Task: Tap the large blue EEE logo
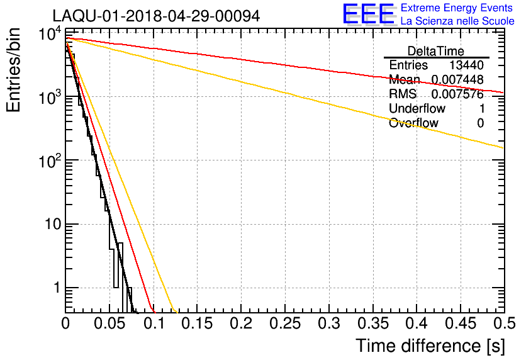tap(369, 14)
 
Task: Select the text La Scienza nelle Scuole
tap(457, 21)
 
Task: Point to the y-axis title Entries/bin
tap(14, 70)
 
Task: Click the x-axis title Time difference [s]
tap(429, 346)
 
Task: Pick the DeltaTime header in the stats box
tap(436, 51)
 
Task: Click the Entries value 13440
tap(466, 65)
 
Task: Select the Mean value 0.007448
tap(457, 80)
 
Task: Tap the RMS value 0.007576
tap(457, 94)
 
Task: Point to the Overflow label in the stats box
tap(413, 123)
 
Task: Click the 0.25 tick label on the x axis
tap(286, 324)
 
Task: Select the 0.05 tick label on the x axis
tap(109, 324)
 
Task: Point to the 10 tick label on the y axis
tap(50, 225)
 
